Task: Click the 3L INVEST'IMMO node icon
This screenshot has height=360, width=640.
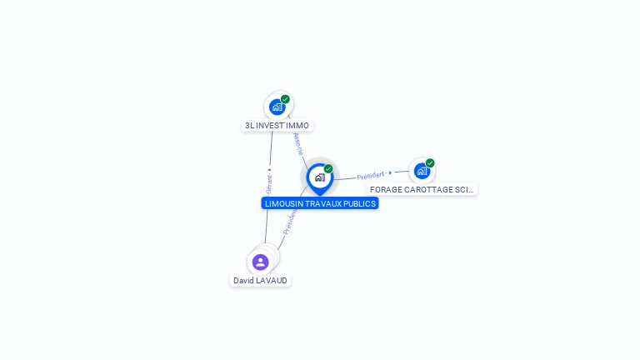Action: (x=277, y=107)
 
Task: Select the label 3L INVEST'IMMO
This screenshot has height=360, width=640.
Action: (x=277, y=126)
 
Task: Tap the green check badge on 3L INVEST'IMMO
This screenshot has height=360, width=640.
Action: (x=285, y=99)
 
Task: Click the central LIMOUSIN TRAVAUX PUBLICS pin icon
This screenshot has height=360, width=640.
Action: (x=319, y=177)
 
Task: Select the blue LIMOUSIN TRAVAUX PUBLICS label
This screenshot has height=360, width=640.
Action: (x=320, y=203)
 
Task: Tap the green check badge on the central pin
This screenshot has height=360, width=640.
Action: (x=328, y=169)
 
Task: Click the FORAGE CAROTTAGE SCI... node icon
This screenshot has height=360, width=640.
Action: (x=422, y=171)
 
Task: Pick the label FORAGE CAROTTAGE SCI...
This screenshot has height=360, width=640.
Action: (x=422, y=190)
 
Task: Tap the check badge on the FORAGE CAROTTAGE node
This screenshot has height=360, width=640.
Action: (x=430, y=163)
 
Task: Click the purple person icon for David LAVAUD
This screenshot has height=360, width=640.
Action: (x=261, y=262)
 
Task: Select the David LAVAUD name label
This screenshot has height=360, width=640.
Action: (x=260, y=281)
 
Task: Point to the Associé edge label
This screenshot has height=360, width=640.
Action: (x=298, y=143)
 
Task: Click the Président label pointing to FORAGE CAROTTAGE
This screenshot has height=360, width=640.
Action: (x=371, y=176)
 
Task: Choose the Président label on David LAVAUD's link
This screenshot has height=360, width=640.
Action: (x=288, y=222)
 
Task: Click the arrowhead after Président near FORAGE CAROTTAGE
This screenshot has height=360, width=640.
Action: (x=390, y=172)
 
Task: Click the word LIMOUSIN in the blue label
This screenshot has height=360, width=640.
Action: (x=284, y=203)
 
